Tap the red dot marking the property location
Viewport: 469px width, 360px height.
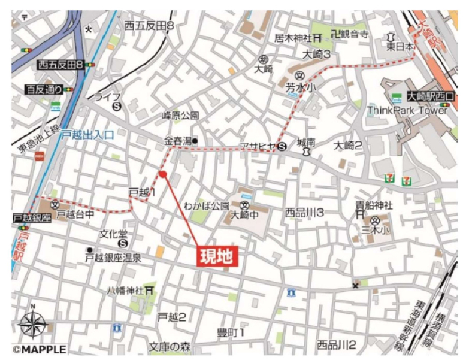(x=162, y=174)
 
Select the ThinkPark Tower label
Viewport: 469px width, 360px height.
(x=407, y=110)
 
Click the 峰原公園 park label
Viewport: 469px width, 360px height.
(x=180, y=116)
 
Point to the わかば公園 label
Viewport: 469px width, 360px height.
(x=207, y=205)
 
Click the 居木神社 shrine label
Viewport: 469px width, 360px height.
(x=294, y=38)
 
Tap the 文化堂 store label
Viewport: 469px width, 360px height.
(x=111, y=233)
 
